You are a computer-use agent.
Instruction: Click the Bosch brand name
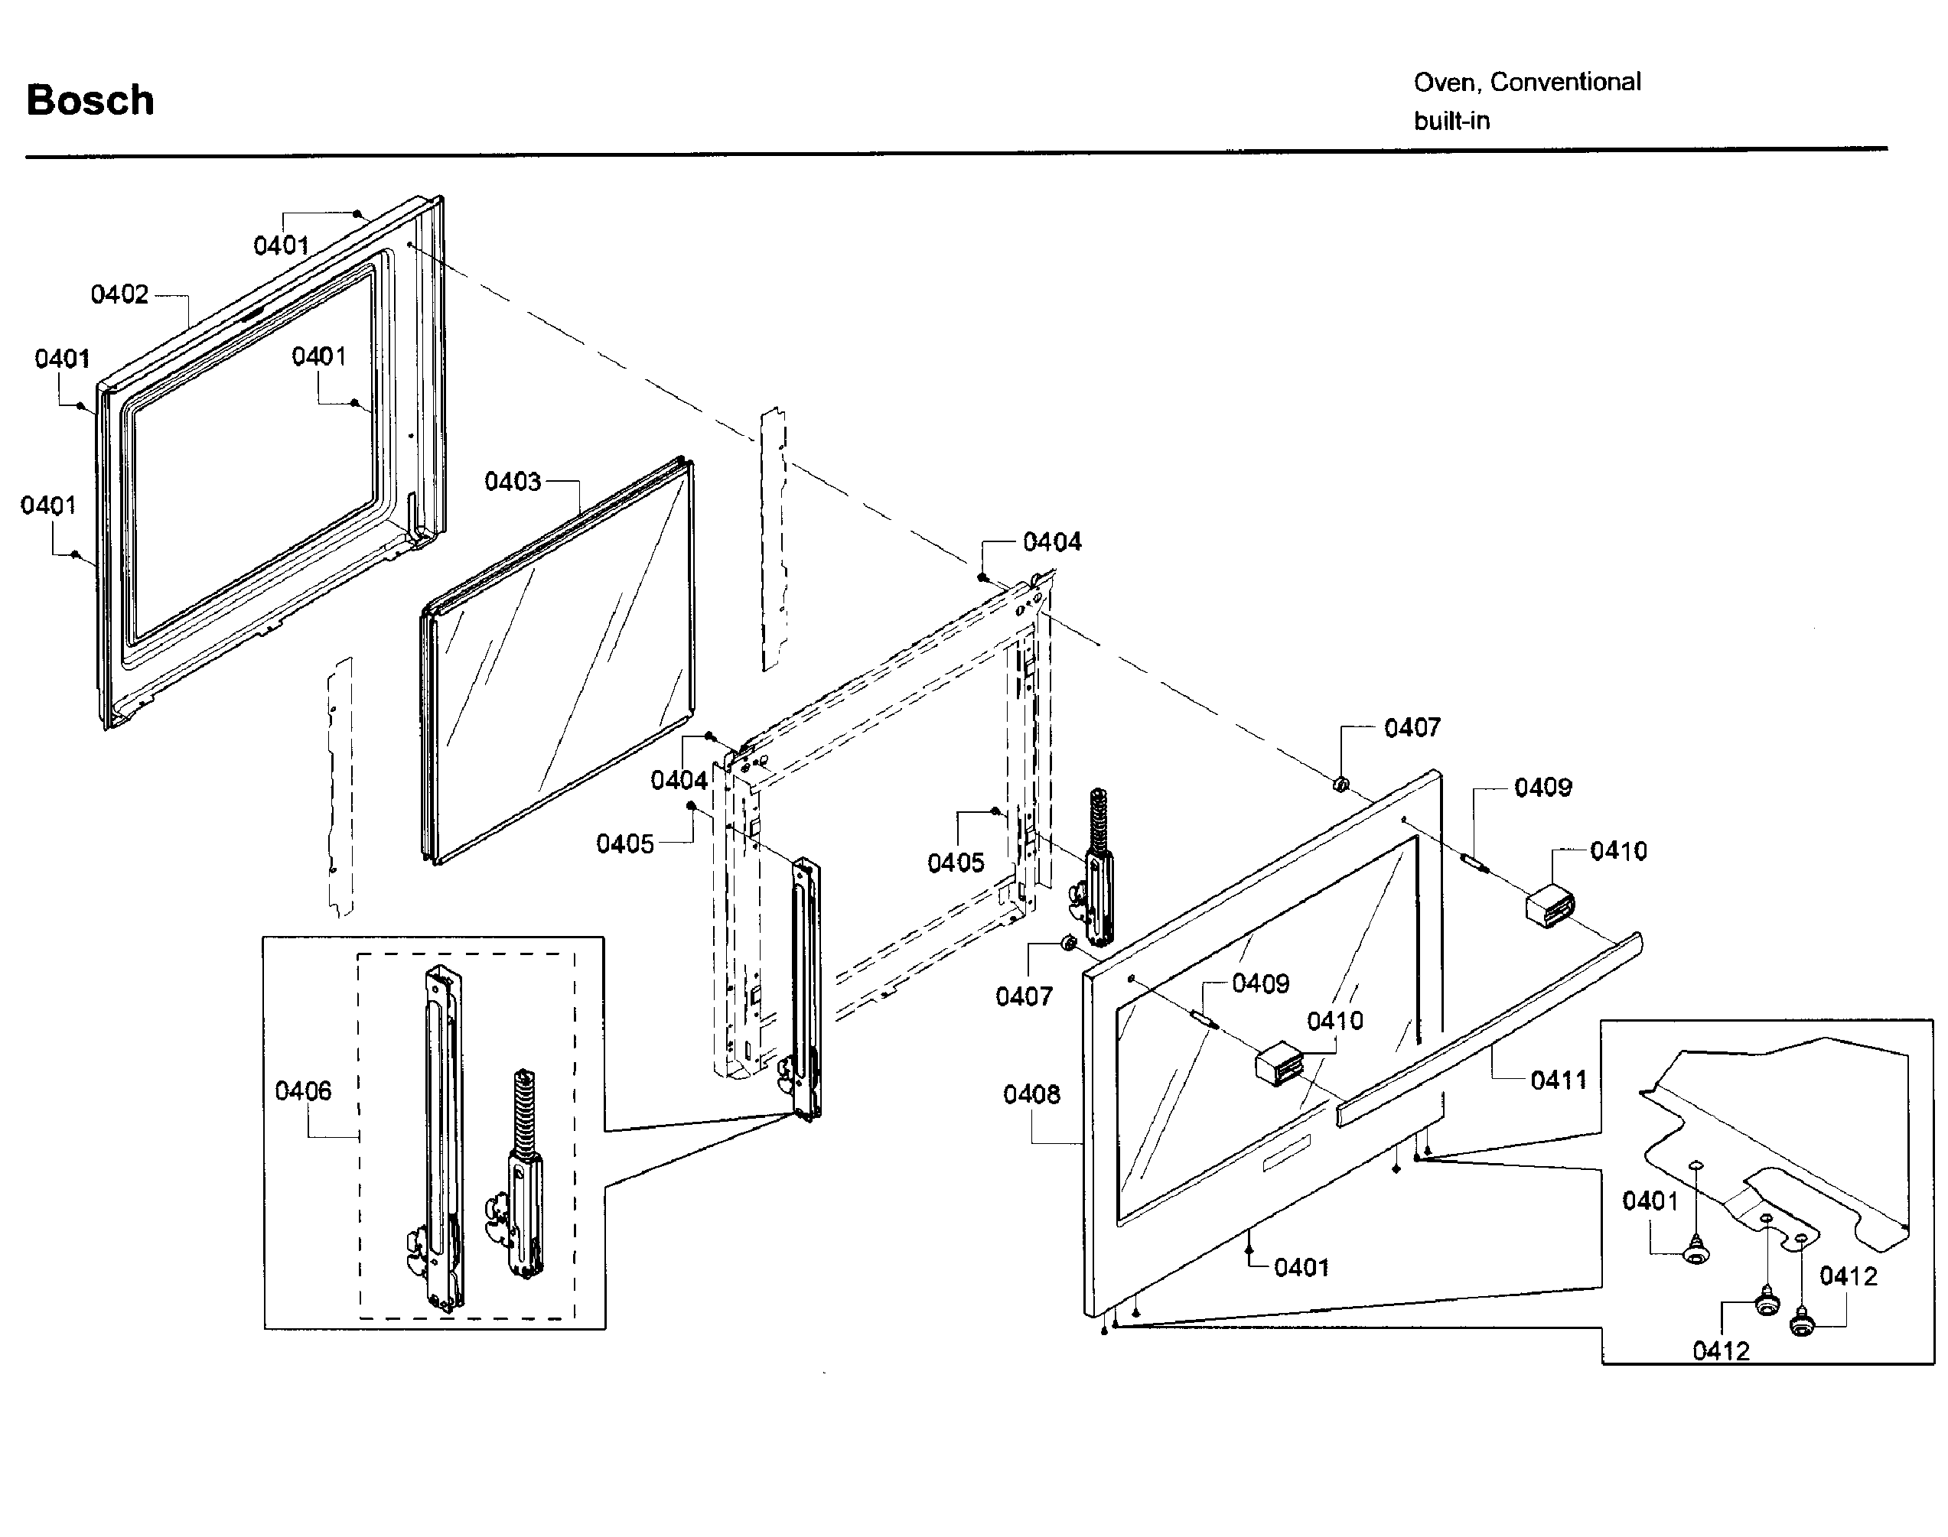coord(90,100)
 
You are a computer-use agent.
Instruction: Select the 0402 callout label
coord(119,294)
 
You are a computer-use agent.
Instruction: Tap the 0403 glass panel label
coord(512,482)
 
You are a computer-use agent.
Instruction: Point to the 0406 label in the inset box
coord(302,1090)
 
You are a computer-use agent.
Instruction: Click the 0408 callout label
coord(1031,1094)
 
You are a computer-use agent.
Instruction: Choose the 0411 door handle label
coord(1559,1080)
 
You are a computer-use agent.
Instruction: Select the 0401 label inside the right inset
coord(1650,1201)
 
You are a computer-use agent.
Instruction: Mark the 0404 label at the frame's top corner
coord(1051,541)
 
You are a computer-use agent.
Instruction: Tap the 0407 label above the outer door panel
coord(1412,727)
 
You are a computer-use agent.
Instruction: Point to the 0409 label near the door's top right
coord(1542,788)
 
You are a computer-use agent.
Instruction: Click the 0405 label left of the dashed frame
coord(625,844)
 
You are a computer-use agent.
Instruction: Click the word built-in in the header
coord(1451,121)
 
